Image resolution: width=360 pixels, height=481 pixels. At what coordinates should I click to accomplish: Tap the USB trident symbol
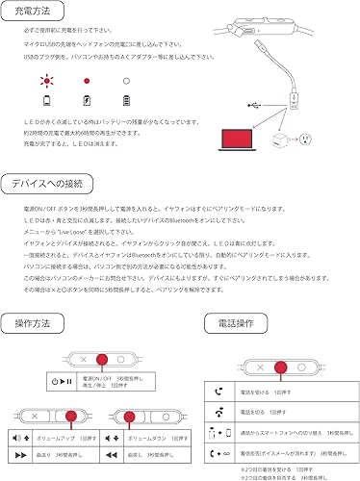252,105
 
